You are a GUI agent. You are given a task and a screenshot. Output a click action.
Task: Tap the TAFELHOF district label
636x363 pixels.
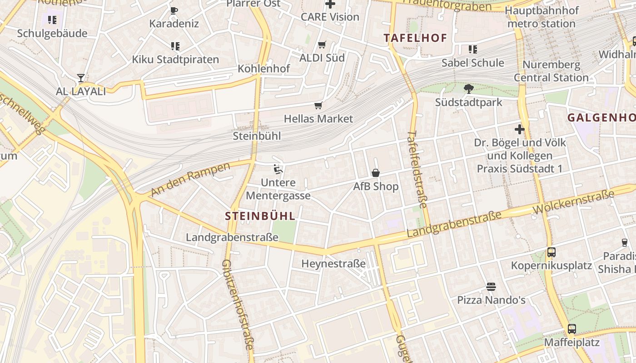pos(415,38)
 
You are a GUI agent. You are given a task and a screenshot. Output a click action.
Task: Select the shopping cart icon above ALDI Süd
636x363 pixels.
pos(322,44)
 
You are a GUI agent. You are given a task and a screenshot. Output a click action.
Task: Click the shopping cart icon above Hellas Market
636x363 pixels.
pos(318,106)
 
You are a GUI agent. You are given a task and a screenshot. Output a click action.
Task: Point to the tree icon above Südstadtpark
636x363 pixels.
pos(469,88)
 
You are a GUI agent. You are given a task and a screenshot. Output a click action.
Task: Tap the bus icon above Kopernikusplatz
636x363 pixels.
pos(551,252)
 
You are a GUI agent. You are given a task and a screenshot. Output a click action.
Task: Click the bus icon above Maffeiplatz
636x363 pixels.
pos(571,329)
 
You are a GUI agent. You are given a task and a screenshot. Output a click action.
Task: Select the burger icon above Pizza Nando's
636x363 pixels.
pos(491,286)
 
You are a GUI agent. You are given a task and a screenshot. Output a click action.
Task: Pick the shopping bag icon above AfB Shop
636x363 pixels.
pos(376,173)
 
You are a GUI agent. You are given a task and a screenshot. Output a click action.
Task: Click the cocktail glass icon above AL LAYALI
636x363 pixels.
pos(81,78)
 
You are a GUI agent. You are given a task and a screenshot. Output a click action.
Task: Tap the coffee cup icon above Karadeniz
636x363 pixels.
pos(174,10)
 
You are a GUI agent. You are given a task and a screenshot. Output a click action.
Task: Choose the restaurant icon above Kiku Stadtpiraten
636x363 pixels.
pos(175,46)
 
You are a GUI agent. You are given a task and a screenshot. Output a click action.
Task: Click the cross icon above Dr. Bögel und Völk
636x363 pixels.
pos(520,129)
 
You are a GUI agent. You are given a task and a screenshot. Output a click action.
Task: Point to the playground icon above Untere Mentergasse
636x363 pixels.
pos(278,169)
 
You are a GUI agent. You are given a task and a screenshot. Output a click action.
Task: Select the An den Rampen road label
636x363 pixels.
pos(190,179)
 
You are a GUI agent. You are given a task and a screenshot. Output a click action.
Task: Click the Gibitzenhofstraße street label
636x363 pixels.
pos(237,304)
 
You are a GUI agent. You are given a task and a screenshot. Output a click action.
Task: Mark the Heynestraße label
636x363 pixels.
pos(333,264)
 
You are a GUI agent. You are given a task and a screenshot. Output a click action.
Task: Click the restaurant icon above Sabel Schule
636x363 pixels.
pos(472,49)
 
